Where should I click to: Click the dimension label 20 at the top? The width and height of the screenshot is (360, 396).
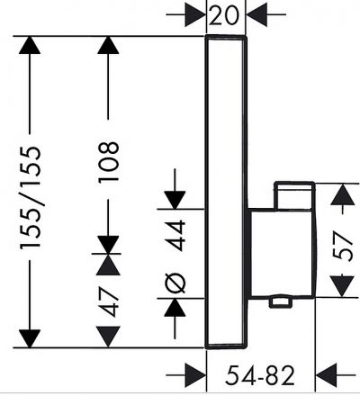[224, 14]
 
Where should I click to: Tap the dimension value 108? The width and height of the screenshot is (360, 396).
[108, 162]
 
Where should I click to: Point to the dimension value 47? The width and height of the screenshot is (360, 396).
[108, 302]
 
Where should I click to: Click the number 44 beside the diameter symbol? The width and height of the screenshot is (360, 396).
[175, 236]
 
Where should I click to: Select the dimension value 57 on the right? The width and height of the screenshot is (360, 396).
[343, 246]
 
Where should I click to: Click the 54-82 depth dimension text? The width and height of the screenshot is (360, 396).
[260, 375]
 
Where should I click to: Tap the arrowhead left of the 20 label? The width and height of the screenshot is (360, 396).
[195, 14]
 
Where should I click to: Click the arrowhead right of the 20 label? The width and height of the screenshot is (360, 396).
[256, 14]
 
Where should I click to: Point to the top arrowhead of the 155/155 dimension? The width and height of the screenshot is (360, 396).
[30, 45]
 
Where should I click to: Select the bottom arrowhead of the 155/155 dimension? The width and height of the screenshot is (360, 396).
[30, 338]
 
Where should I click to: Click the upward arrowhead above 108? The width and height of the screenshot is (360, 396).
[108, 45]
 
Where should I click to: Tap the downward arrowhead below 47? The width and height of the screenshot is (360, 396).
[108, 337]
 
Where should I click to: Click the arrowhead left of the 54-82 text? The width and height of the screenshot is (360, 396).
[195, 375]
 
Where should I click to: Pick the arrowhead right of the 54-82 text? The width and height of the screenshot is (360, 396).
[326, 375]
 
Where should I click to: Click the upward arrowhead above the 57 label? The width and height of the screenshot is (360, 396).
[343, 194]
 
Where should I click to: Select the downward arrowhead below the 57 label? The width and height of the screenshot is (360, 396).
[343, 286]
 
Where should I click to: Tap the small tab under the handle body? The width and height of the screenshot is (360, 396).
[281, 302]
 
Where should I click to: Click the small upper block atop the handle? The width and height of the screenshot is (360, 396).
[294, 195]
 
